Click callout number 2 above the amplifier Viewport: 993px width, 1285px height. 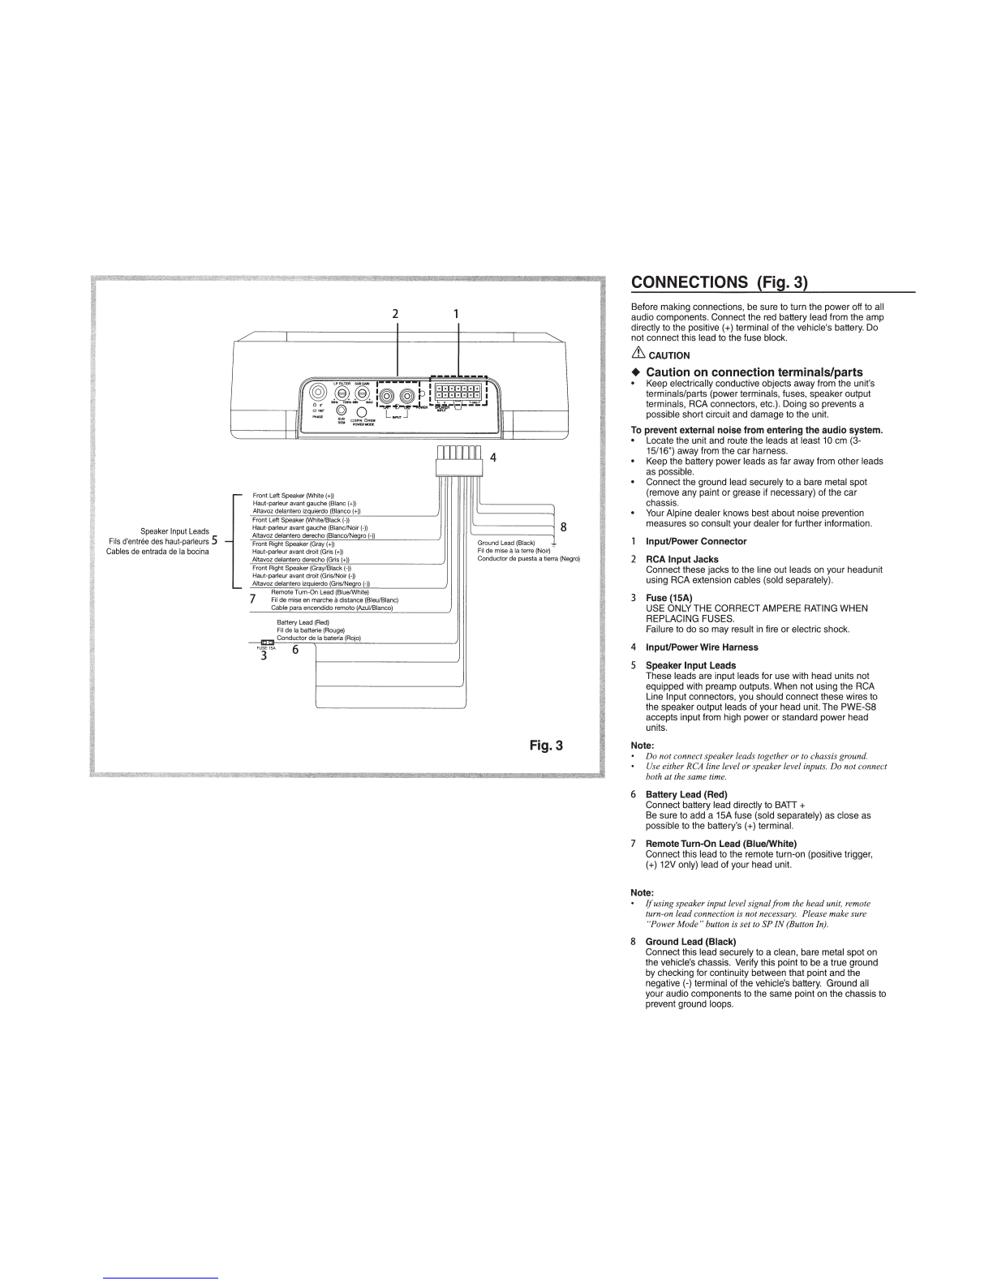coord(396,313)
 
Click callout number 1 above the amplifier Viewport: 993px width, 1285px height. coord(456,313)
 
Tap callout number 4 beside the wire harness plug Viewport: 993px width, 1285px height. coord(492,458)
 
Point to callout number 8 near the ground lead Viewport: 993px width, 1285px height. coord(563,527)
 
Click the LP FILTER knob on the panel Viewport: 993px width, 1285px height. coord(340,394)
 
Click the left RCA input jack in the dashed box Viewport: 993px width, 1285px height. coord(389,396)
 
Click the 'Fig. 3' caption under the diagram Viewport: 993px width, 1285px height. coord(546,746)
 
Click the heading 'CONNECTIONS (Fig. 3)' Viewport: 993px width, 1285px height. coord(720,282)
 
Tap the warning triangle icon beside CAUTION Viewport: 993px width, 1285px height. coord(638,354)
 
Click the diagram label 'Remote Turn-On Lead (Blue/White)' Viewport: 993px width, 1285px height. coord(320,592)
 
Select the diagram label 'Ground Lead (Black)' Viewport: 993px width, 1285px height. coord(506,543)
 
